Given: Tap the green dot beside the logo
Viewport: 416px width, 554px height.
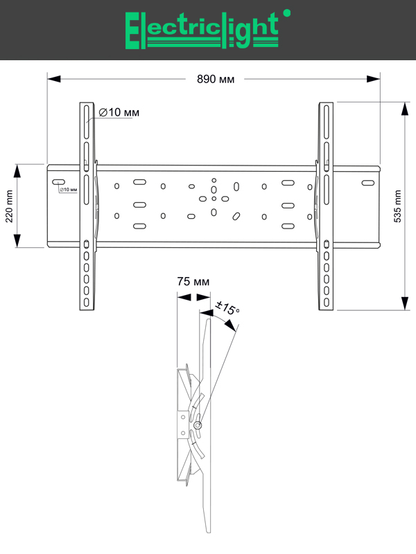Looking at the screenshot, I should [288, 12].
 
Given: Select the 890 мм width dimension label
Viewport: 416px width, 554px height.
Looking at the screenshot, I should [216, 79].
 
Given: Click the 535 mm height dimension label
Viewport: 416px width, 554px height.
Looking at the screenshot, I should [397, 206].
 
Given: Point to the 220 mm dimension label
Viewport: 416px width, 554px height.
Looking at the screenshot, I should [9, 206].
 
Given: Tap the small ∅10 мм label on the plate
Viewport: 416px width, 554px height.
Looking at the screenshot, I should [69, 189].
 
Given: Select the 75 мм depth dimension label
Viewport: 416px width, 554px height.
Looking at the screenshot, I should [193, 282].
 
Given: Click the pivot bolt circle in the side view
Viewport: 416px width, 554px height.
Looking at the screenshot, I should [198, 425].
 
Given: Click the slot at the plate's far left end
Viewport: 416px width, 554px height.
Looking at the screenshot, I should [56, 183].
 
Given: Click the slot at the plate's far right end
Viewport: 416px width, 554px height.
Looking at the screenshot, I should [367, 184].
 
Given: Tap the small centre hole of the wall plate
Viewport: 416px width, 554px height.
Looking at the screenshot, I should [214, 199].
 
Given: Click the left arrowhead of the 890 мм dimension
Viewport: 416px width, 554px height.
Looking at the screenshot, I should [53, 79].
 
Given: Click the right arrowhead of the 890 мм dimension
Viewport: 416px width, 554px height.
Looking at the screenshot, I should [376, 79].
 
